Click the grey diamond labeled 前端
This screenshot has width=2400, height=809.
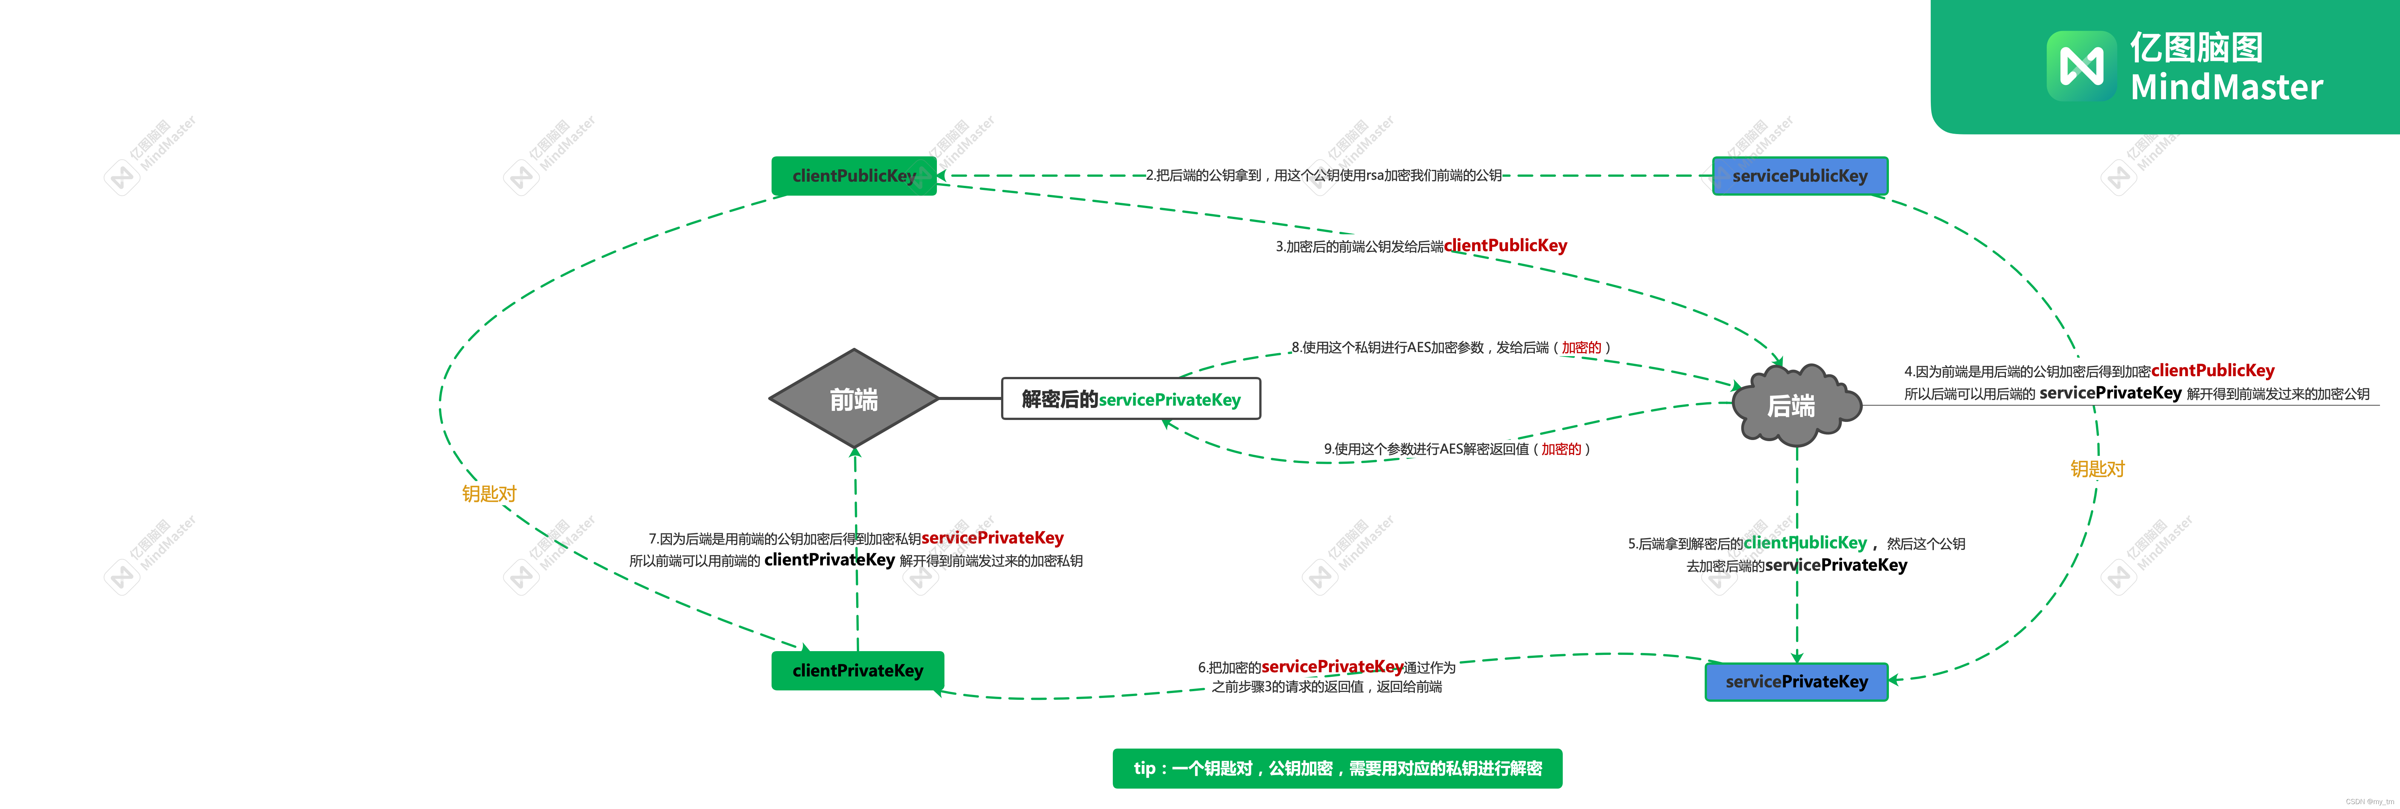pyautogui.click(x=853, y=399)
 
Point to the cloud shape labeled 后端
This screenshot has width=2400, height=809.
pyautogui.click(x=1793, y=405)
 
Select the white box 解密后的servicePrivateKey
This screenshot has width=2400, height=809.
pyautogui.click(x=1130, y=399)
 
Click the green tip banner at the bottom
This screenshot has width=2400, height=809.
pyautogui.click(x=1337, y=768)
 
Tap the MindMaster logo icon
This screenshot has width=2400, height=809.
pyautogui.click(x=2080, y=65)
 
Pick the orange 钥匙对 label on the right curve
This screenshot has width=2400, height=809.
pyautogui.click(x=2097, y=469)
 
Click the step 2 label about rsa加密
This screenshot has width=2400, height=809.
pyautogui.click(x=1323, y=175)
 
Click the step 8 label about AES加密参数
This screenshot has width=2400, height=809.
pyautogui.click(x=1450, y=347)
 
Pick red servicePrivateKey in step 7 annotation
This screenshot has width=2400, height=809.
pyautogui.click(x=992, y=538)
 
